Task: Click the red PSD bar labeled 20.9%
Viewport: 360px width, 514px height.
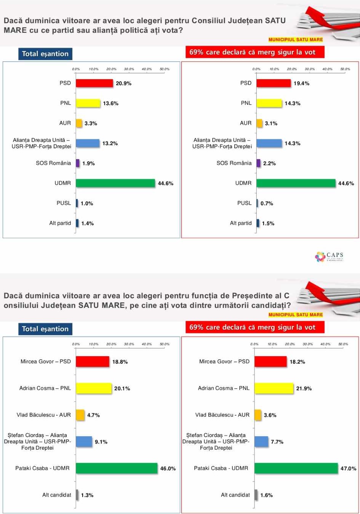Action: (x=94, y=83)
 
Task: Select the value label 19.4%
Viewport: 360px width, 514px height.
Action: (x=301, y=83)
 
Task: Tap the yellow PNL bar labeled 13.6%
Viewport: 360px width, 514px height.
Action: (x=88, y=103)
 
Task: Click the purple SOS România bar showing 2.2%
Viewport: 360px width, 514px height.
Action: (x=258, y=163)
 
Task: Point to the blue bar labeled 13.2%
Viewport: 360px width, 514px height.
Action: (x=88, y=143)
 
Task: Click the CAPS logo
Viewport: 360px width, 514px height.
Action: (x=330, y=256)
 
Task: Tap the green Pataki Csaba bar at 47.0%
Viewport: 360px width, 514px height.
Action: (x=296, y=468)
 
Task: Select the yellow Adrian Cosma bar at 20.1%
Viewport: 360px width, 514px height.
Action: (x=94, y=388)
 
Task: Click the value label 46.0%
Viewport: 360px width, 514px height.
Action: (x=168, y=469)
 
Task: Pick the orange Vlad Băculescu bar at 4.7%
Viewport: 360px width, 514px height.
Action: (x=80, y=415)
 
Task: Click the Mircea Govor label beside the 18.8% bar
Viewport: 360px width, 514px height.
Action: (x=46, y=362)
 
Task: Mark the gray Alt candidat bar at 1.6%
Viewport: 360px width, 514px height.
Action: (x=256, y=495)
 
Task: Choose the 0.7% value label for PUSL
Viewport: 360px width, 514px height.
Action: (x=267, y=203)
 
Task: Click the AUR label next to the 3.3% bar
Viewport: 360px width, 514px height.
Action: (x=65, y=123)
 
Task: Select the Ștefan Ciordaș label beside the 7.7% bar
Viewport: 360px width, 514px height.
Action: (x=216, y=441)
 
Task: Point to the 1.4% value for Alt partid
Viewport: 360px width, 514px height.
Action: (x=87, y=224)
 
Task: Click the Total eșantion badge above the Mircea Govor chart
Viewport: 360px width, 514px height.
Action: (x=45, y=329)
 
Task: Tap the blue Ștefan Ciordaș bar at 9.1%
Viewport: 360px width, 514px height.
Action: (x=84, y=442)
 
